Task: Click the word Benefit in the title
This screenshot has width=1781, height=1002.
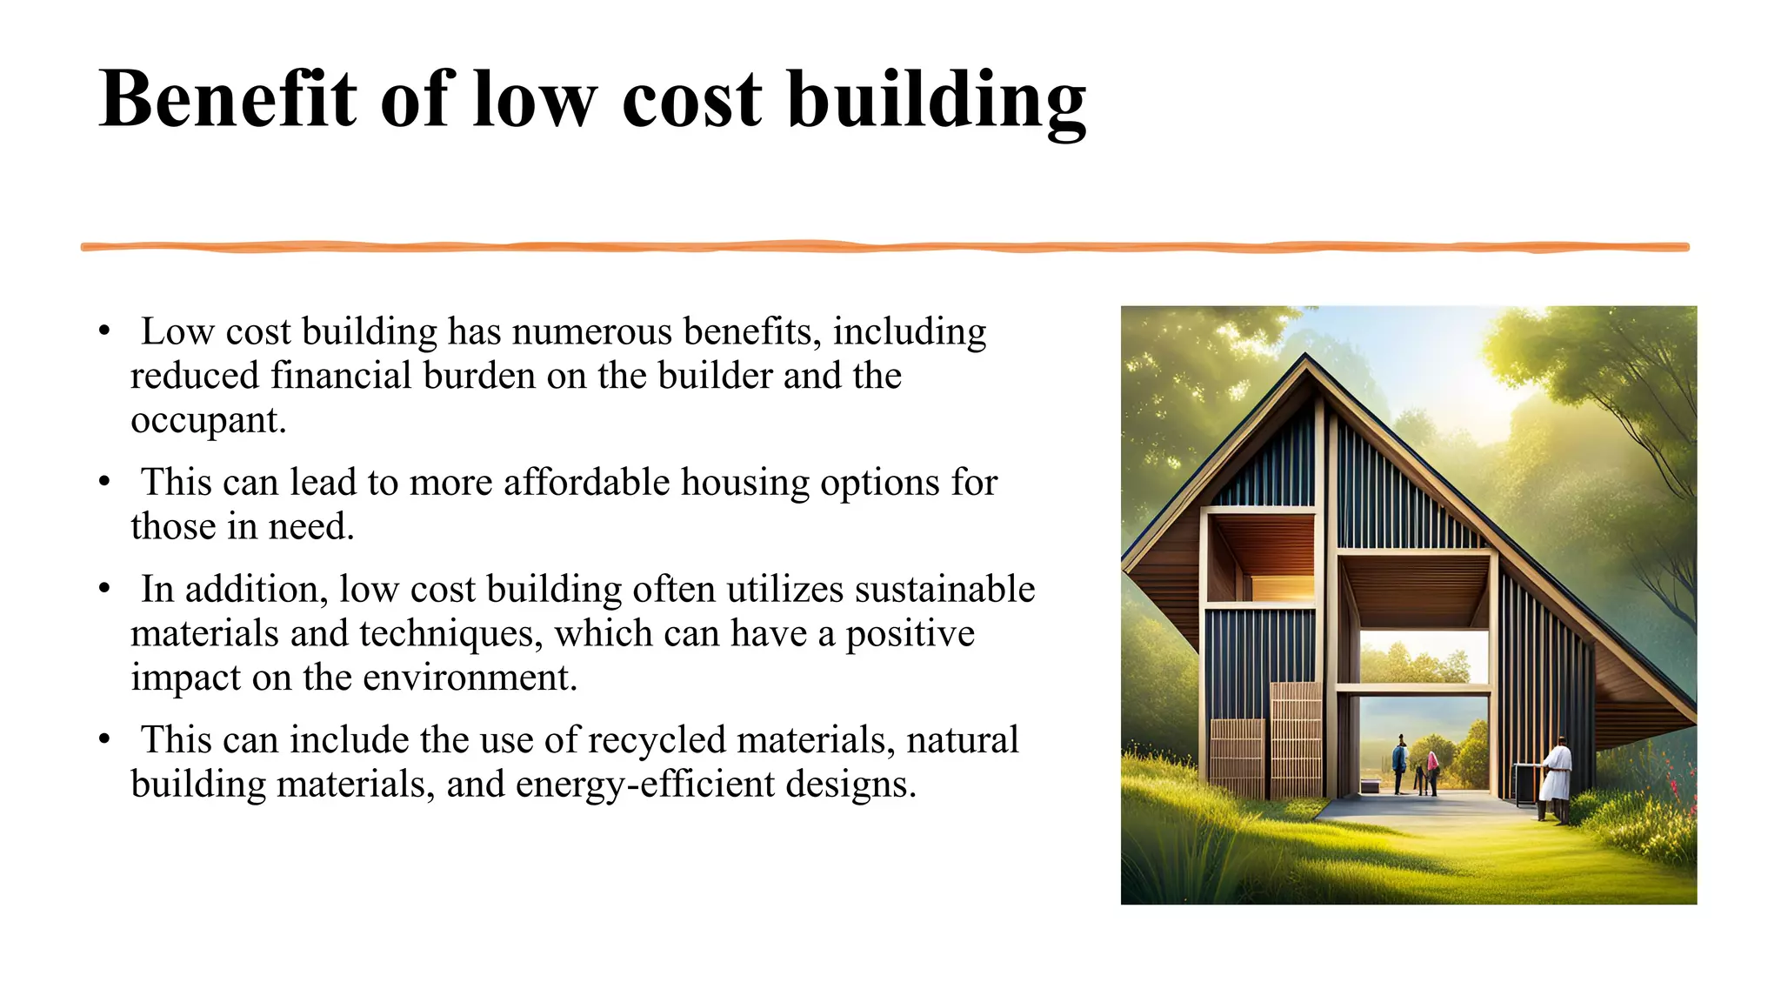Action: point(228,99)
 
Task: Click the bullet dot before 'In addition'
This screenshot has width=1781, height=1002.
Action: point(104,589)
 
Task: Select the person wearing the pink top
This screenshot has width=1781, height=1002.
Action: point(1432,770)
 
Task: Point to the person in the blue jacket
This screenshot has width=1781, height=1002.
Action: point(1399,762)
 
